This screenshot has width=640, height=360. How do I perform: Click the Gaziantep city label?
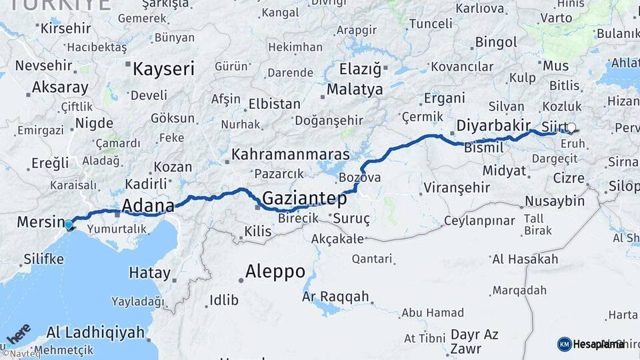[304, 199]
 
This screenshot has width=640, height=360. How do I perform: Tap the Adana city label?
[148, 205]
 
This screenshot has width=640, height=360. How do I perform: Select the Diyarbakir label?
[493, 125]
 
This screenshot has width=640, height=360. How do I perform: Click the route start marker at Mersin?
[69, 225]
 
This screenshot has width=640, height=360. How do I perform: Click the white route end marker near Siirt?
[571, 127]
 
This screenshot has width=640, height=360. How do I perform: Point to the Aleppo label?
[275, 271]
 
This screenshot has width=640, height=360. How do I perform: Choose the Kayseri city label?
[163, 69]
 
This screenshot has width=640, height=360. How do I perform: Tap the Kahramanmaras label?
[290, 155]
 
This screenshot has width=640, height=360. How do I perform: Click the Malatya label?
[354, 89]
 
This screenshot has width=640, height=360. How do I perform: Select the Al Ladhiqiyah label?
[95, 332]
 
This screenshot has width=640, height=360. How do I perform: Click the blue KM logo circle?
[564, 344]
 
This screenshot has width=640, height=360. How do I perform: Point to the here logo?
[18, 333]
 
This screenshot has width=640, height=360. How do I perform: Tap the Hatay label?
[149, 273]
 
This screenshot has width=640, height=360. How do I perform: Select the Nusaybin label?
[555, 201]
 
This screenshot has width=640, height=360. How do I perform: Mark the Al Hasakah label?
[525, 259]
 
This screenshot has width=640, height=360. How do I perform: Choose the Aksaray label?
[60, 87]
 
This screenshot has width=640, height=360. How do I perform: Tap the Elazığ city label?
[360, 68]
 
